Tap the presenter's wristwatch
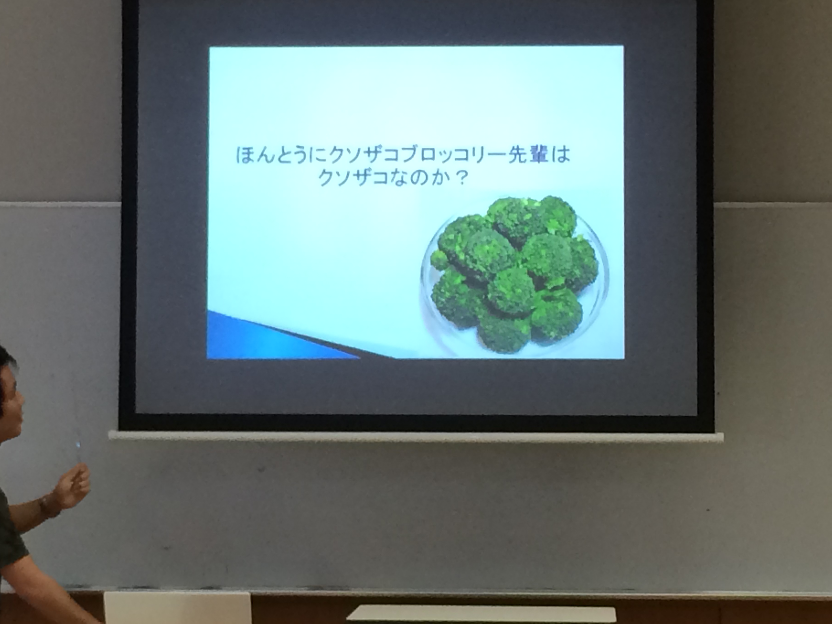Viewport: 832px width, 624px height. click(x=48, y=507)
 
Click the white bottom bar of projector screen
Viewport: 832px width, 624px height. click(x=416, y=437)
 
